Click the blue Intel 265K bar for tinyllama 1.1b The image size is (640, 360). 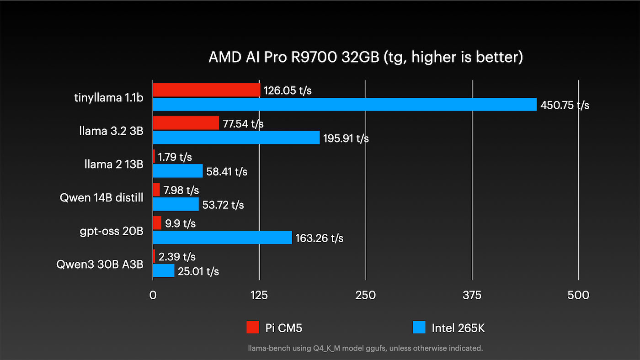coord(344,104)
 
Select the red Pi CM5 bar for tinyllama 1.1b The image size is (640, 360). coord(207,90)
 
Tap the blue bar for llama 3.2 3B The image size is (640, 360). coord(236,138)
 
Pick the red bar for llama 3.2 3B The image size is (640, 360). coord(186,123)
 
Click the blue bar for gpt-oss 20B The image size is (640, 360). coord(222,238)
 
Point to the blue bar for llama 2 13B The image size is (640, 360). coord(178,171)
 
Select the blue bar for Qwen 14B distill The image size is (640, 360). coord(176,204)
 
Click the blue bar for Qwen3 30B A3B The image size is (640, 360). coord(164,271)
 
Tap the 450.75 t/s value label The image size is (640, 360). coord(565,105)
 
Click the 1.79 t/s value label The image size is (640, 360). coord(175,157)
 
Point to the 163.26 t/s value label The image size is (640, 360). coord(319,238)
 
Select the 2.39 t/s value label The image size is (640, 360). coord(176,257)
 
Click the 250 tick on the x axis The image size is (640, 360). coord(366,296)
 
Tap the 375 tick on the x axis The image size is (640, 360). coord(472,296)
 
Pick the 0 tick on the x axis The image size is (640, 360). coord(153,296)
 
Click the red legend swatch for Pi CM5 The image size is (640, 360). coord(253,327)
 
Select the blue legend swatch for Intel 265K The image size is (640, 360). coord(419,327)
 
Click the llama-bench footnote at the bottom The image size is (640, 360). coord(365,348)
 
